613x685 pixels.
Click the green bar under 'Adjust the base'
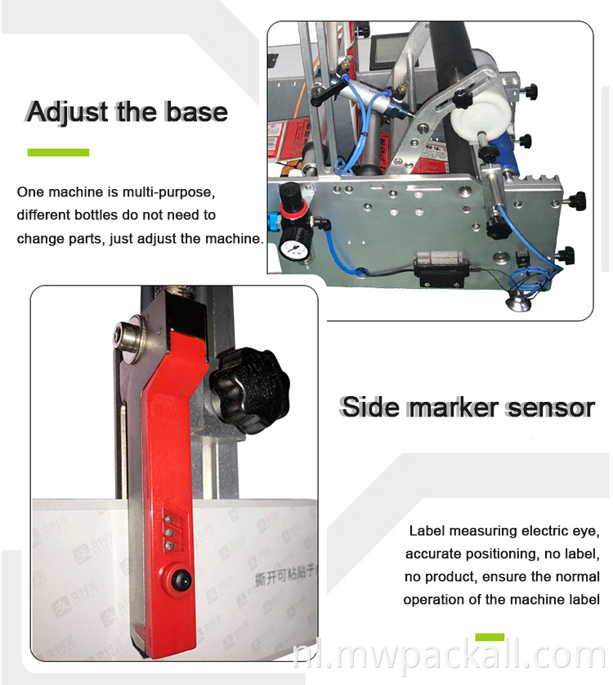point(58,152)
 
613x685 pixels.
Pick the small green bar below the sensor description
point(490,636)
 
